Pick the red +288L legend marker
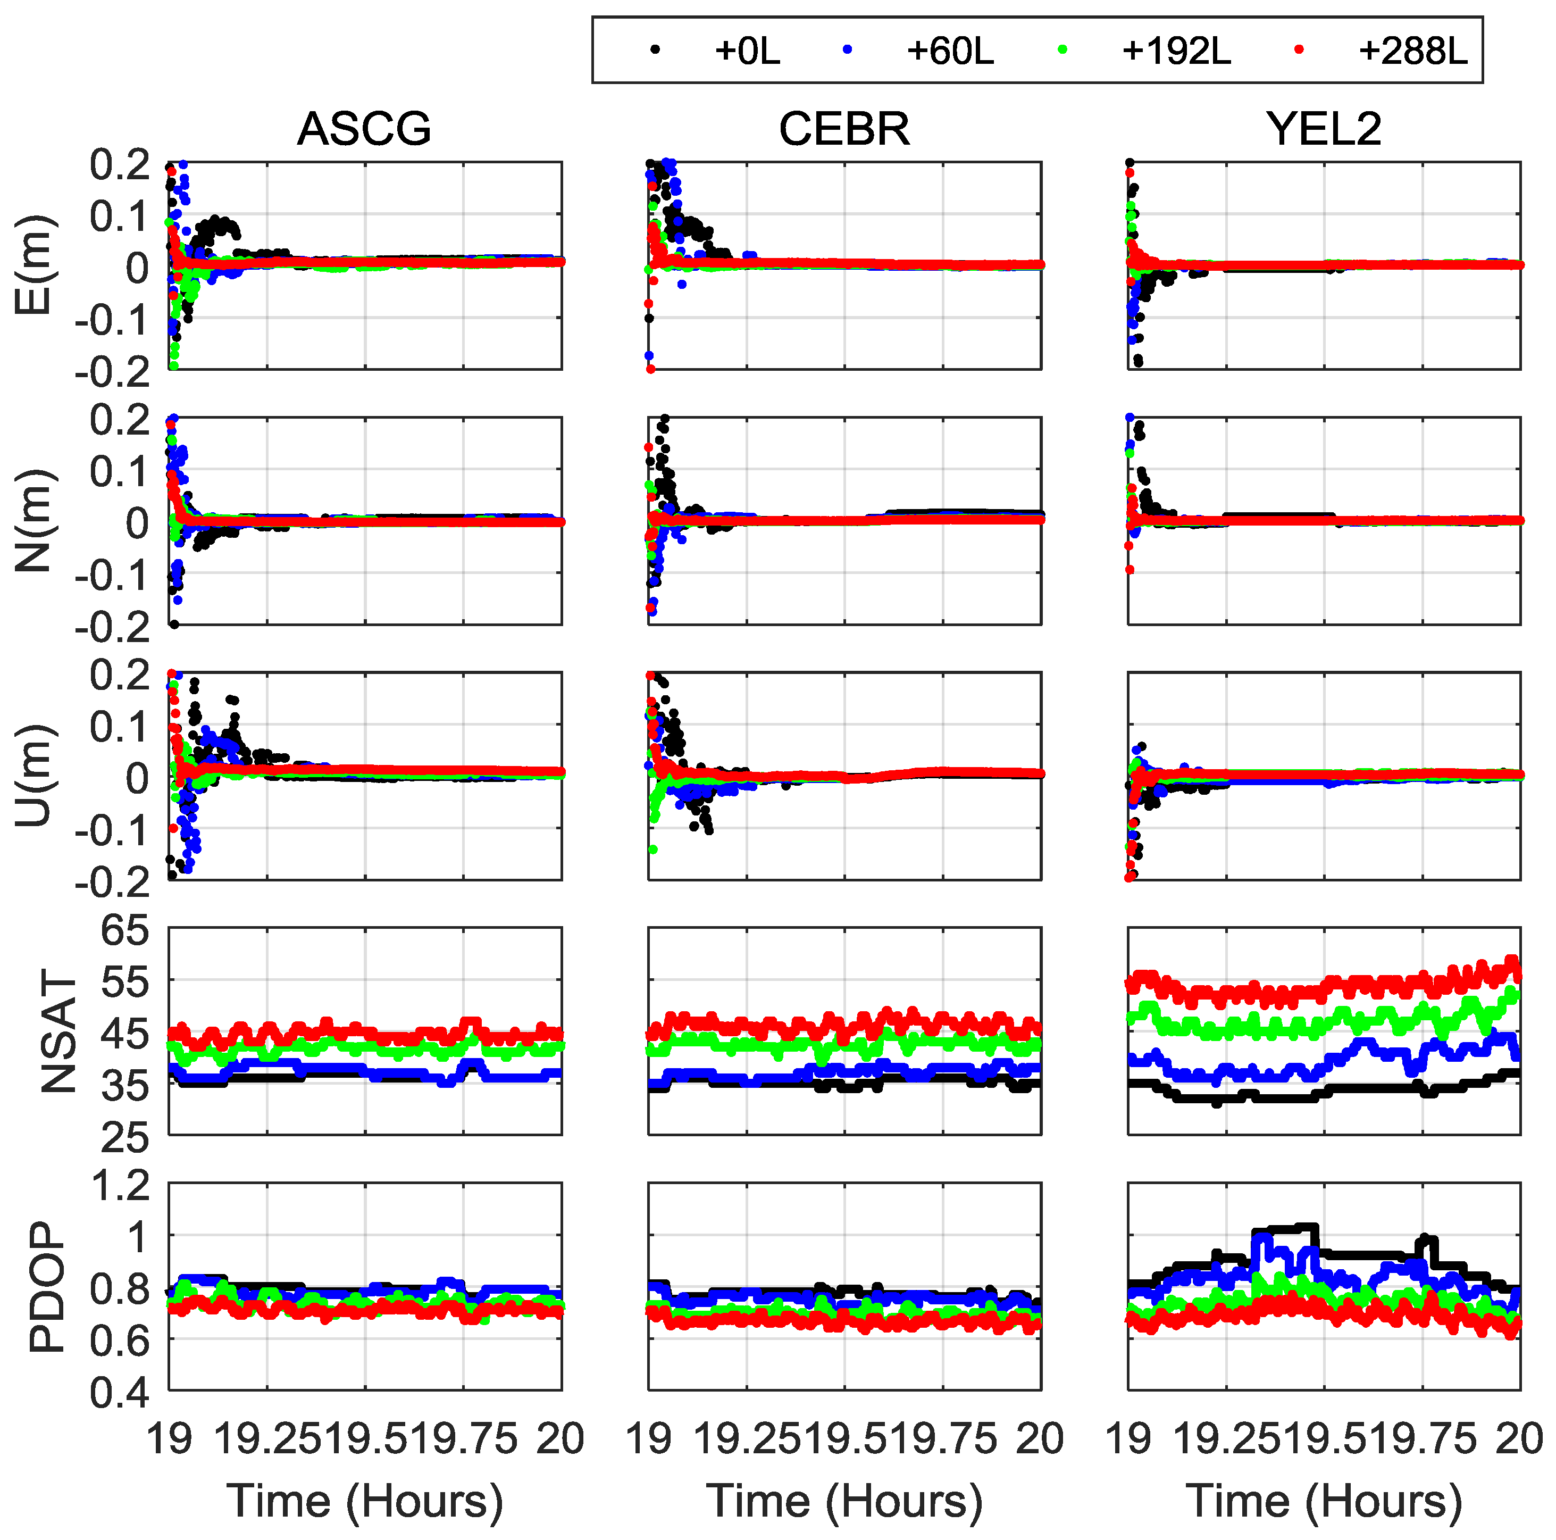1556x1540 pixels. click(x=1299, y=51)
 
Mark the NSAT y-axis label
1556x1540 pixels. click(x=58, y=1032)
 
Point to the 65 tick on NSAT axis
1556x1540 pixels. click(x=125, y=930)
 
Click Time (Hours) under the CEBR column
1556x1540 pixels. click(x=843, y=1501)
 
